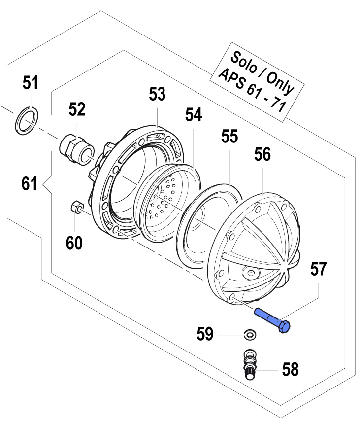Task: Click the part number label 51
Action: coord(31,84)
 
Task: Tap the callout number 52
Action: coord(77,109)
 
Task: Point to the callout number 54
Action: coord(194,115)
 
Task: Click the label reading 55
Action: coord(229,137)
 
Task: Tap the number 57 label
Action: coord(318,269)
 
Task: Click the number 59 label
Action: coord(205,335)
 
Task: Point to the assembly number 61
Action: coord(30,185)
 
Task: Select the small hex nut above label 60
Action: coord(77,207)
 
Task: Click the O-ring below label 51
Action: coord(25,121)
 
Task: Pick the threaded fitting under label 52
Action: coord(77,148)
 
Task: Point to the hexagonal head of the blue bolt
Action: coord(285,326)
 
